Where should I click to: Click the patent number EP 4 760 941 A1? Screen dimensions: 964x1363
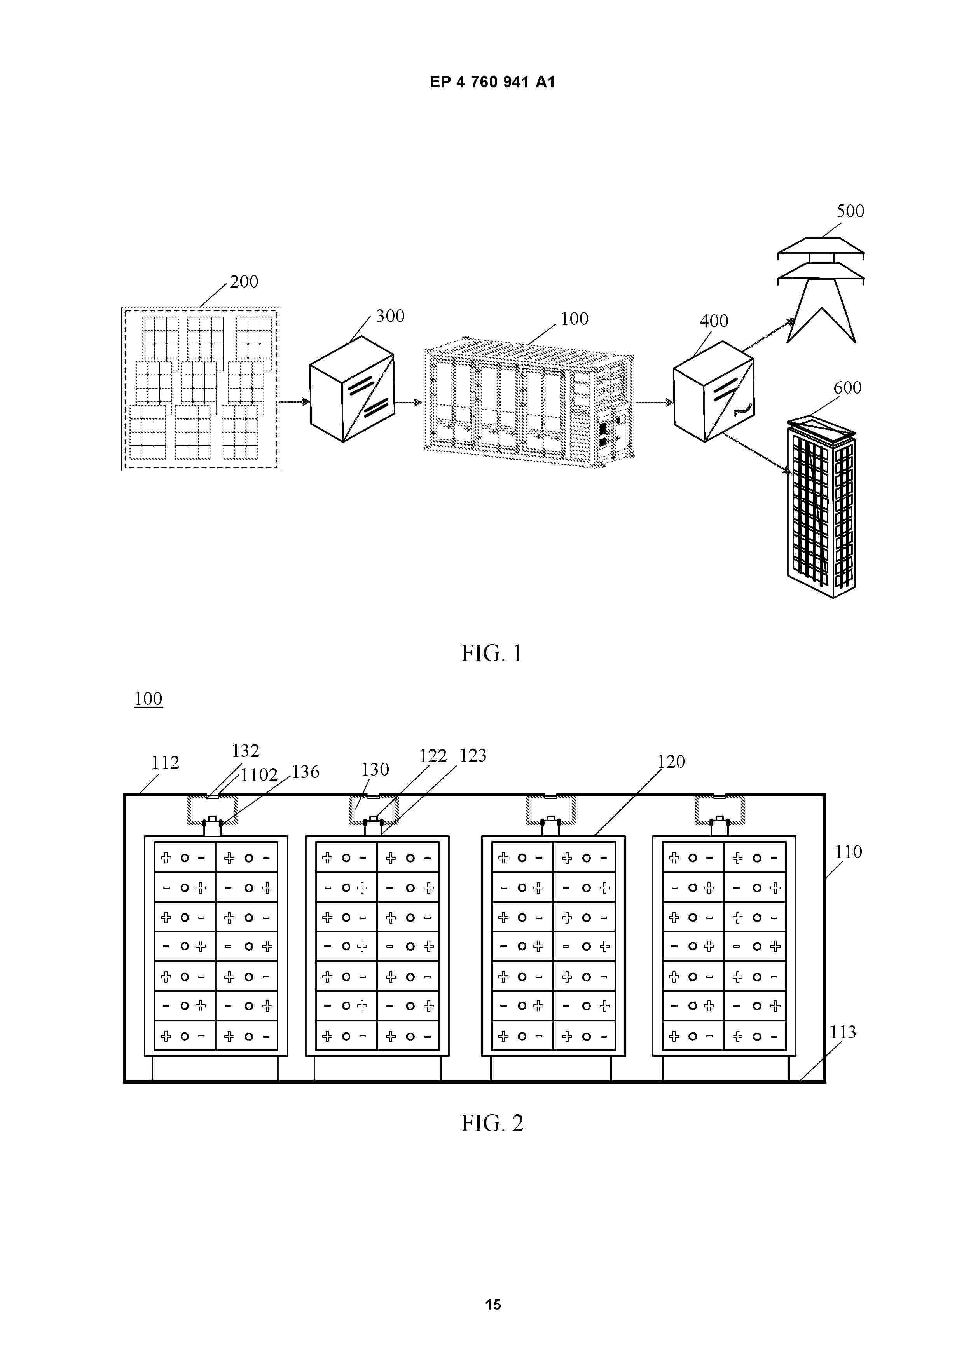coord(492,82)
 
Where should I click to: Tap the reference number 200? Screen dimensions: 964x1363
coord(244,281)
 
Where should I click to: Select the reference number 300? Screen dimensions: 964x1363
coord(390,316)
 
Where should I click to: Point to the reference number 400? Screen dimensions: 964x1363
coord(714,321)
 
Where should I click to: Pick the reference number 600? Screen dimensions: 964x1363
coord(848,388)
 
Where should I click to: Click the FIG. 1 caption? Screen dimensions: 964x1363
coord(492,653)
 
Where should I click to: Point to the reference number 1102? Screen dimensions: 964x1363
coord(259,775)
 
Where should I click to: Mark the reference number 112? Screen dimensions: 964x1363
coord(165,762)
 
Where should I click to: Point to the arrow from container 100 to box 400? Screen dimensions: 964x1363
coord(655,403)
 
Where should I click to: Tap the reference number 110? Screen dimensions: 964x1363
coord(848,852)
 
